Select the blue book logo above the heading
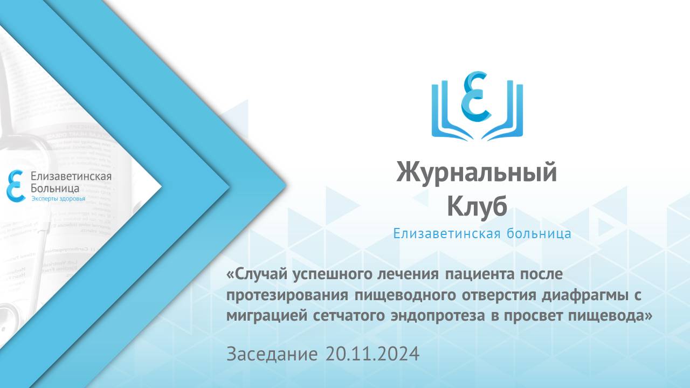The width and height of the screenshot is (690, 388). [x=477, y=106]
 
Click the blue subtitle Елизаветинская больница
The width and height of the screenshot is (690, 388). [x=482, y=234]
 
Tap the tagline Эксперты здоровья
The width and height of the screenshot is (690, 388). [x=58, y=199]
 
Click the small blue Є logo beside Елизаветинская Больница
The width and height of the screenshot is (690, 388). [x=15, y=185]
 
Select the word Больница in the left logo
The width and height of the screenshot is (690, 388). [x=55, y=188]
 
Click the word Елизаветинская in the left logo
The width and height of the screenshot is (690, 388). [x=71, y=176]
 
